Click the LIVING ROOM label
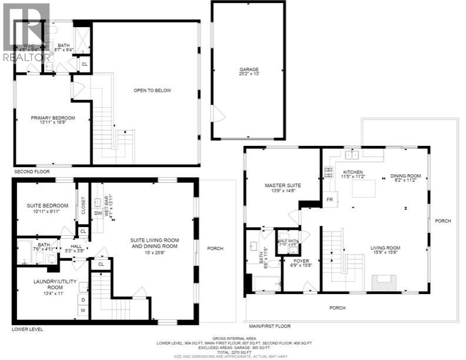pos(385,251)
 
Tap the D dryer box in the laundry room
pos(82,299)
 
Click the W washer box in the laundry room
pos(82,310)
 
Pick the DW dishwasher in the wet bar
pos(97,214)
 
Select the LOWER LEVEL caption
pos(28,329)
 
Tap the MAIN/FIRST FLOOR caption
pos(269,325)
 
